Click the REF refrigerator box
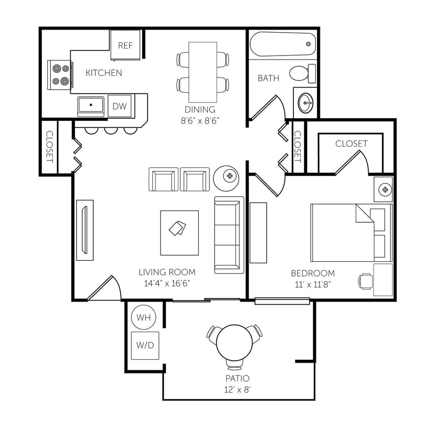click(x=125, y=45)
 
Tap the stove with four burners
click(x=60, y=75)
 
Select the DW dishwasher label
click(x=119, y=106)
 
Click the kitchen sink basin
click(x=91, y=106)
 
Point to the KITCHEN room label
click(x=103, y=73)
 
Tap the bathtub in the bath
click(x=282, y=45)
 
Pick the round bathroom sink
click(x=306, y=102)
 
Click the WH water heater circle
click(x=144, y=317)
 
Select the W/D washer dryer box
click(x=145, y=345)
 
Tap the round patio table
click(x=234, y=342)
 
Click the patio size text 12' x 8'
click(x=237, y=390)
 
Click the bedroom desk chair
click(x=365, y=281)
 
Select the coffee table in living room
click(x=179, y=232)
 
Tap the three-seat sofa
click(x=229, y=234)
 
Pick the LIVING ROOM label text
click(x=167, y=272)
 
